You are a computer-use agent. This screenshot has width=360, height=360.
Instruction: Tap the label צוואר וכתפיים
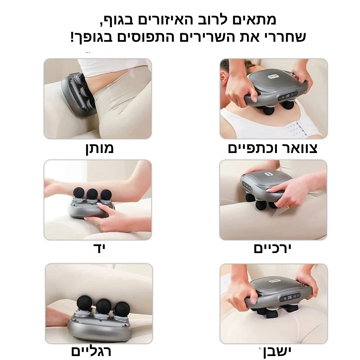tap(273, 148)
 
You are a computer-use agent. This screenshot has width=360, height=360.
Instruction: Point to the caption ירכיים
tap(272, 248)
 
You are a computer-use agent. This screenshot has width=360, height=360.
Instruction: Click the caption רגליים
tap(91, 351)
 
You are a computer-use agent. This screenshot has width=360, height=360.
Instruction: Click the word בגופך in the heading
tap(94, 37)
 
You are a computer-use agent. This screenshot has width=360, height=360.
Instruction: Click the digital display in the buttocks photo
tap(290, 298)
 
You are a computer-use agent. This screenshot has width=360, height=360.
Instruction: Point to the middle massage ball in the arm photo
tap(92, 194)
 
